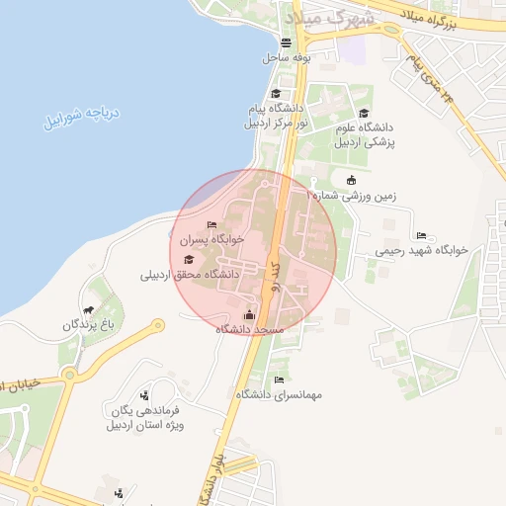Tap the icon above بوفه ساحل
(287, 42)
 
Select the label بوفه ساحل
(287, 58)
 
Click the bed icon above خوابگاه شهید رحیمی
(422, 236)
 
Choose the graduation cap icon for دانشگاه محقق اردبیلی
(189, 260)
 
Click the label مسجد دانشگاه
(251, 328)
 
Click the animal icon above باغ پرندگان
(89, 309)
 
